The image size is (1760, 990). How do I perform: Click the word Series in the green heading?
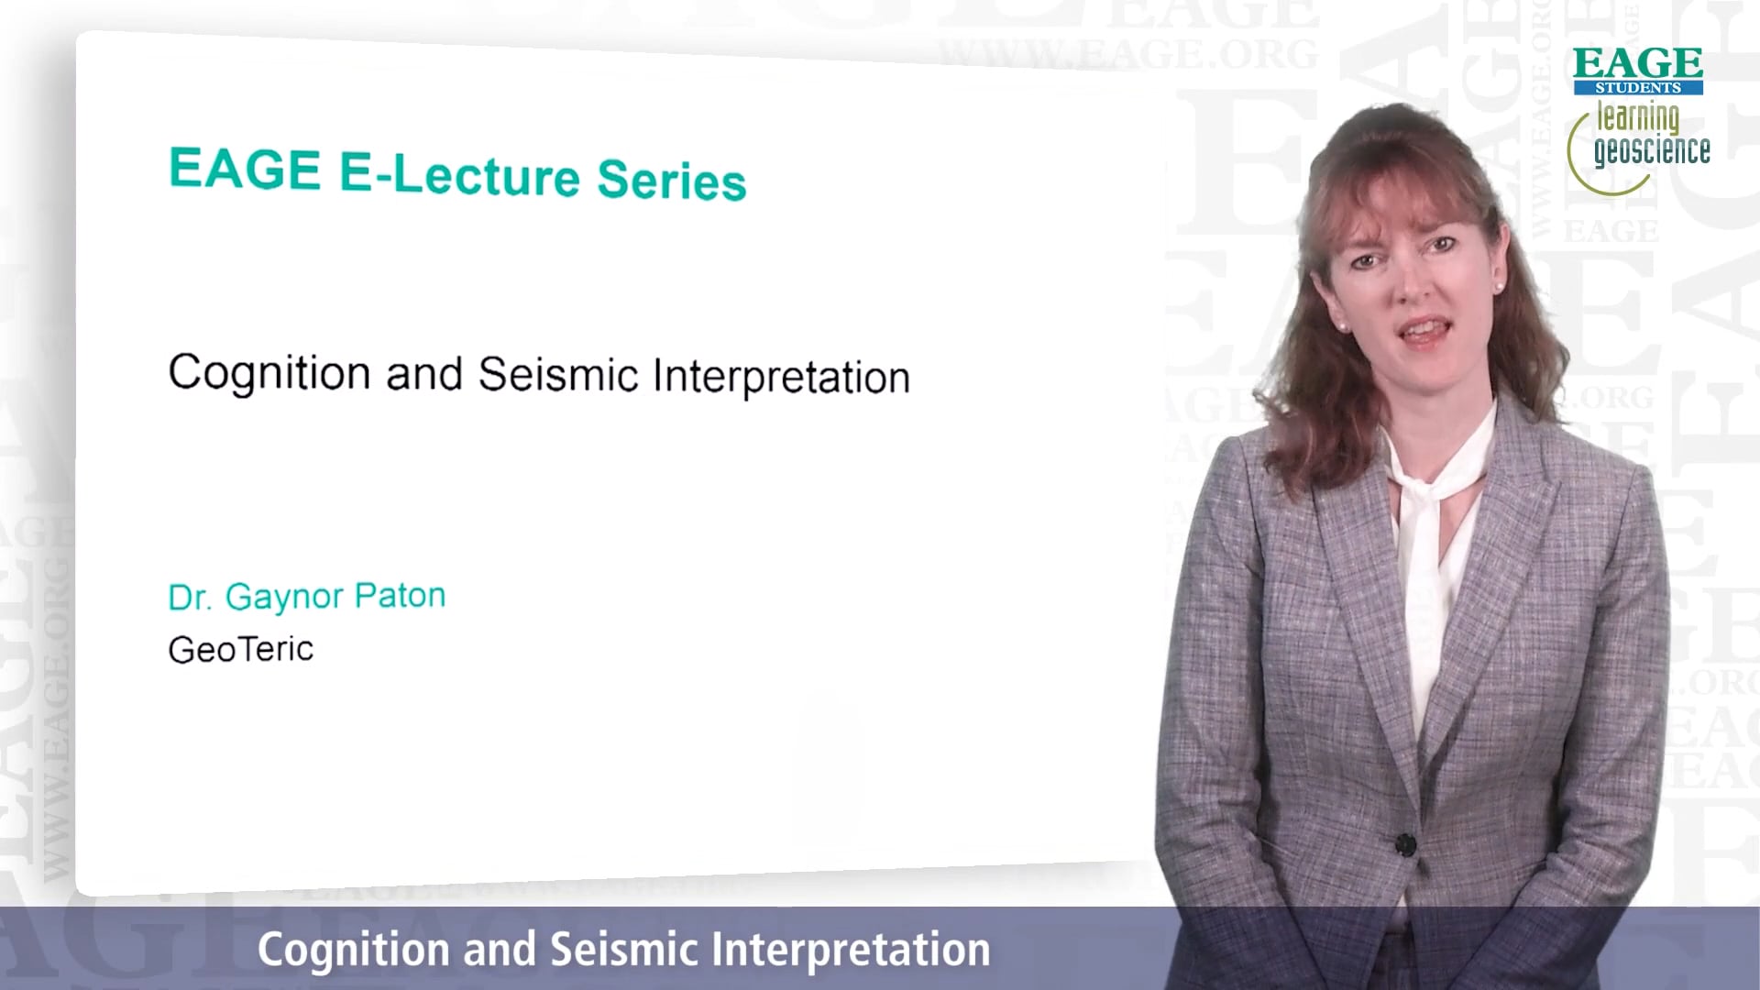[672, 179]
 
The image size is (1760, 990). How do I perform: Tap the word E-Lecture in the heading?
[459, 173]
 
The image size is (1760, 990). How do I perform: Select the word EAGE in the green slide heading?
[245, 169]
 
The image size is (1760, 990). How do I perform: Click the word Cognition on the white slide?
[269, 372]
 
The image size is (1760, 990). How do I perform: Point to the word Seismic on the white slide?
[558, 374]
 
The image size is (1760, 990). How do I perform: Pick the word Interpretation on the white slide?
[781, 377]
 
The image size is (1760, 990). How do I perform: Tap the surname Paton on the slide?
[400, 596]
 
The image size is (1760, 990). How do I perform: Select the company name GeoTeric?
[241, 649]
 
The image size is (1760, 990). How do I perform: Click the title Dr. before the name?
[190, 598]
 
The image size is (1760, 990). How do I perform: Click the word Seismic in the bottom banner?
[625, 949]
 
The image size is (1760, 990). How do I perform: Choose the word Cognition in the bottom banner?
[353, 949]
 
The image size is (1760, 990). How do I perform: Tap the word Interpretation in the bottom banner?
[851, 950]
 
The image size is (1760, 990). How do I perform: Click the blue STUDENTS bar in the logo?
[1638, 88]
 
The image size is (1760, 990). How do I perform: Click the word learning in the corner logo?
[1638, 118]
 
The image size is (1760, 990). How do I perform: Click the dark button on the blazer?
[1405, 843]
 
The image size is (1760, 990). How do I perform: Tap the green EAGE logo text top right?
[1638, 63]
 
